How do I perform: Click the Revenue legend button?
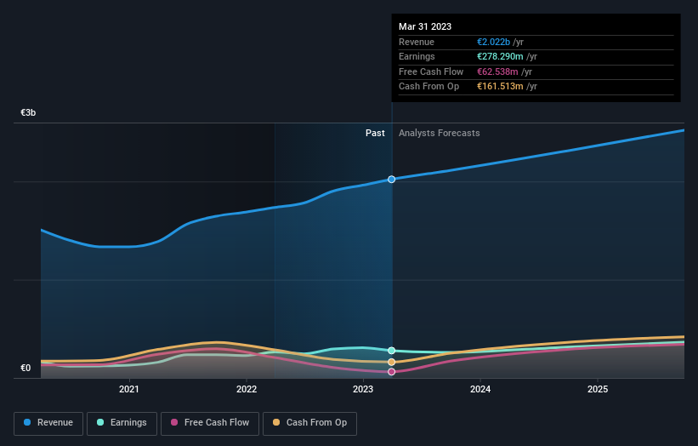(49, 423)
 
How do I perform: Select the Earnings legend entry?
(122, 423)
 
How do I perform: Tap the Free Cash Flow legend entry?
(210, 423)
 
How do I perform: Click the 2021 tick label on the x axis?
(129, 390)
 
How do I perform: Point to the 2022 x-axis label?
(247, 390)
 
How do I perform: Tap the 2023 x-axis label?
(363, 390)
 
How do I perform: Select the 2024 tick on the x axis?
(480, 390)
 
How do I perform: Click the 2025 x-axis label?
(598, 390)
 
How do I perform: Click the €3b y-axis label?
(28, 112)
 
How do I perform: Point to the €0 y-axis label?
(26, 368)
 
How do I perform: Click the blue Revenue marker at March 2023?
(392, 180)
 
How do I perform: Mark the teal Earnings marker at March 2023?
(392, 351)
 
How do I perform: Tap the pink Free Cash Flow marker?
(392, 372)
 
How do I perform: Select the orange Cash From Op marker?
(392, 362)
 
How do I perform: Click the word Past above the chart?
(375, 133)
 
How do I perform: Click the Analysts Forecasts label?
(439, 133)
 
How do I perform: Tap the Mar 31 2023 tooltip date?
(425, 26)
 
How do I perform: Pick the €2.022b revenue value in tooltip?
(494, 43)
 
